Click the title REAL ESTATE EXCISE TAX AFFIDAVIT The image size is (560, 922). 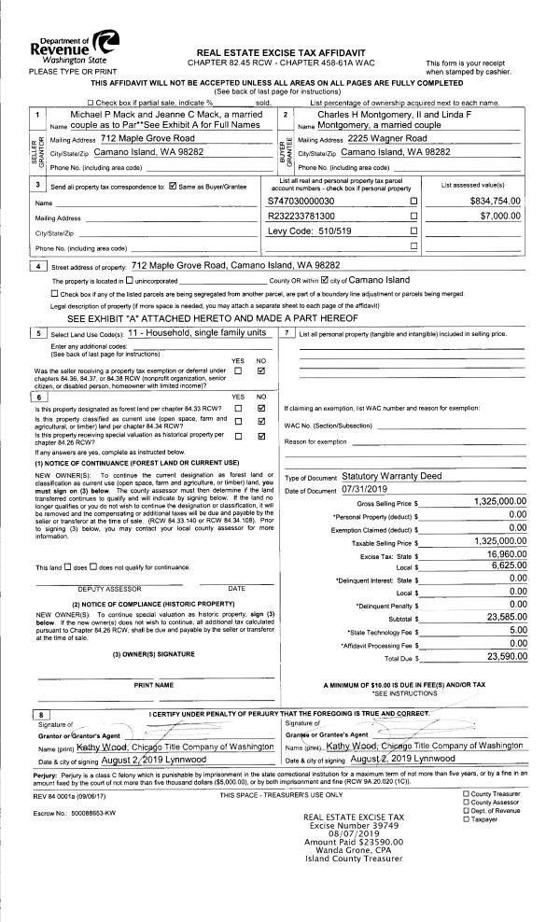point(281,51)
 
